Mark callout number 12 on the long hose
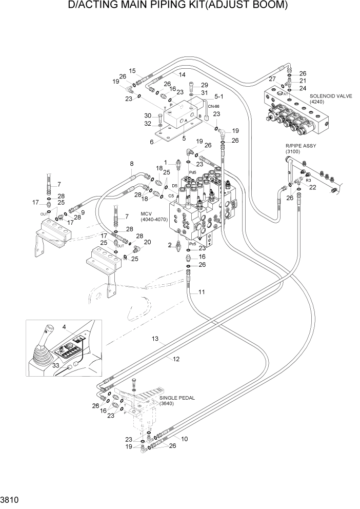tap(176, 359)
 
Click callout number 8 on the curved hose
tap(131, 164)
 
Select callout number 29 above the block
tap(204, 85)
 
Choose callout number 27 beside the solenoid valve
tap(273, 79)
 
